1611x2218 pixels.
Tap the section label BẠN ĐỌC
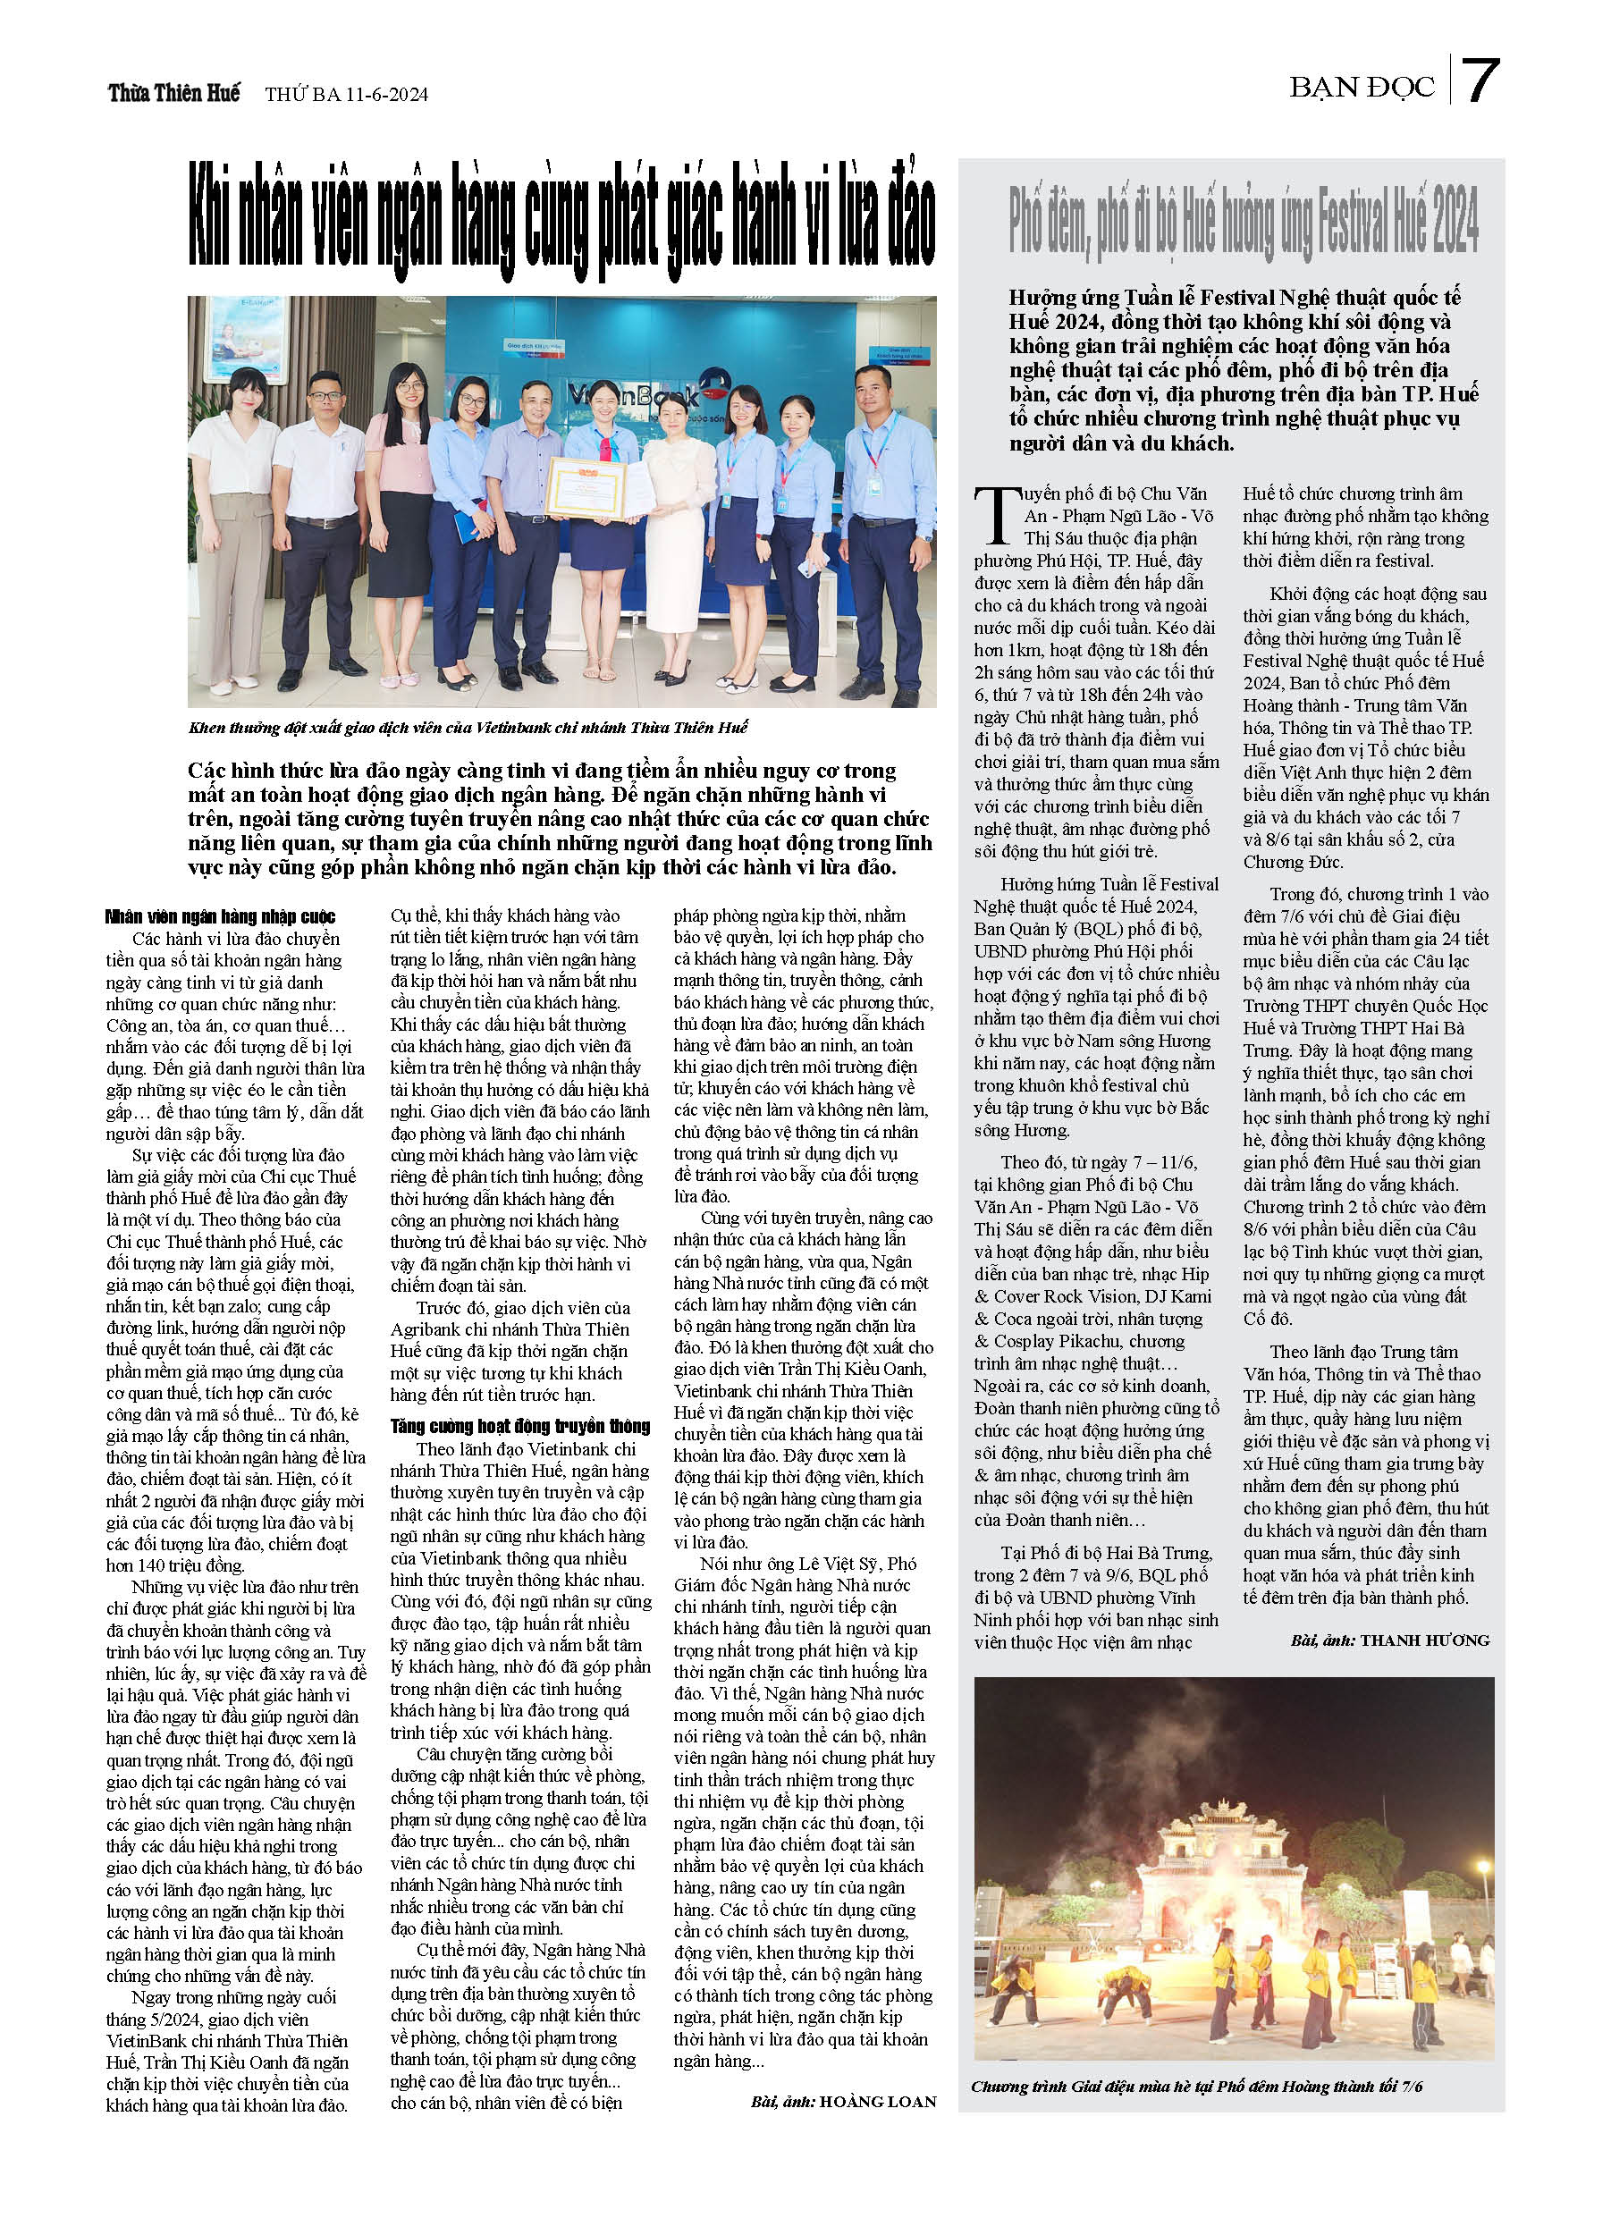[x=1361, y=87]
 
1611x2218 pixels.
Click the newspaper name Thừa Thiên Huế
[x=174, y=93]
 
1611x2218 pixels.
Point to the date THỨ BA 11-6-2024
[x=346, y=95]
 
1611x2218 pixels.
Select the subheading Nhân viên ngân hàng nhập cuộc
[x=220, y=916]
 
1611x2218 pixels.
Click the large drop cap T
[x=997, y=515]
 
